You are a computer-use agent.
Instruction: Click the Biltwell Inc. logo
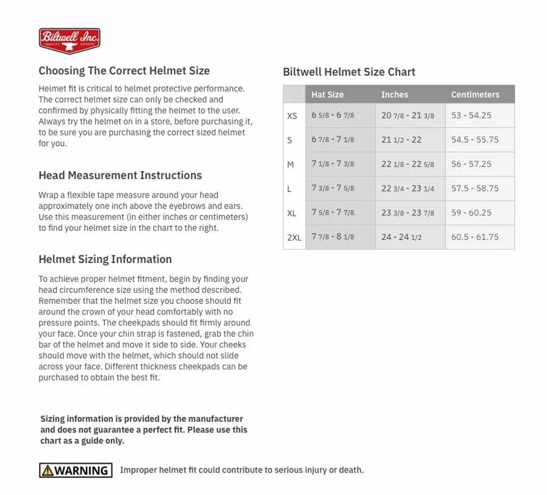tap(69, 41)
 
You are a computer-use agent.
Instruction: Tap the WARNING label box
tap(75, 470)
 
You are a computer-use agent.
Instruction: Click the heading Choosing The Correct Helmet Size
tap(124, 71)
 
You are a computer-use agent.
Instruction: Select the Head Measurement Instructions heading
tap(120, 175)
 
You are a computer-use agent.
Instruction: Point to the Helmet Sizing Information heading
tap(105, 259)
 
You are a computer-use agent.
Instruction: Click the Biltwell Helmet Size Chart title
tap(349, 72)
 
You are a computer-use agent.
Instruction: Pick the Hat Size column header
tap(327, 95)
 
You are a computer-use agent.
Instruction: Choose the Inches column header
tap(394, 95)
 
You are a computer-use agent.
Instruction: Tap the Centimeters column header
tap(475, 95)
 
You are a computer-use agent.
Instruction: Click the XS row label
tap(292, 116)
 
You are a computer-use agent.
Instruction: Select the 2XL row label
tap(294, 237)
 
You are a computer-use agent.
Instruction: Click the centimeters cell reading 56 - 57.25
tap(471, 164)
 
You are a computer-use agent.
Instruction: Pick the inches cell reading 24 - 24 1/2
tap(401, 237)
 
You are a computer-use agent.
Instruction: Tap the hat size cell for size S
tap(333, 140)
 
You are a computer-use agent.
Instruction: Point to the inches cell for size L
tap(408, 188)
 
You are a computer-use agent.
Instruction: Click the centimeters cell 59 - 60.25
tap(471, 213)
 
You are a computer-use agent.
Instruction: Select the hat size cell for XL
tap(333, 213)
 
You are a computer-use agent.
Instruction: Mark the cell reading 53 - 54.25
tap(471, 115)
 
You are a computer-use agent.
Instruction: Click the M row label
tap(290, 165)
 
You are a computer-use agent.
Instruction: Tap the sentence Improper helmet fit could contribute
tap(241, 470)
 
